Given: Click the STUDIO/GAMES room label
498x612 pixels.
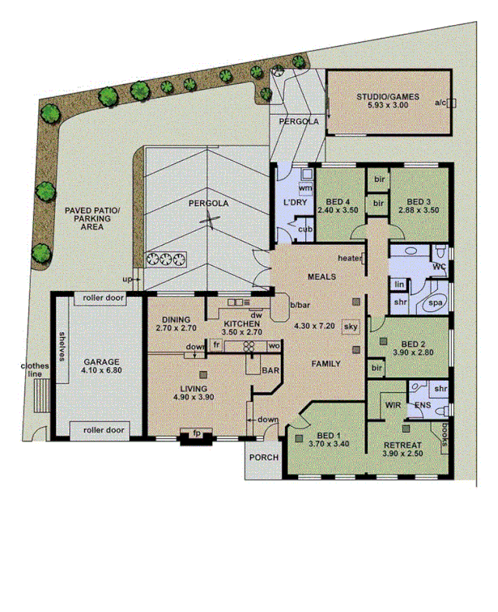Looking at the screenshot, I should pos(388,97).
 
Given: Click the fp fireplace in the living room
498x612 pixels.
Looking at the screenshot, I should pos(195,434).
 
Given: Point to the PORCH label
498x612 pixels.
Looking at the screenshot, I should pos(264,458).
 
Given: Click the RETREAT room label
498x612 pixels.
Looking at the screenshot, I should pos(402,445).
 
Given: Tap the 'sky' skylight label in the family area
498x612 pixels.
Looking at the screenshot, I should pos(351,326).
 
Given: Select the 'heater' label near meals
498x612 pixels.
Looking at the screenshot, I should pos(350,259).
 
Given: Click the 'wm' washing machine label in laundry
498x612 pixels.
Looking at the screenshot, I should pos(305,188).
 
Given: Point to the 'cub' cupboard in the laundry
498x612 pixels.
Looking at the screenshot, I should pos(304,229).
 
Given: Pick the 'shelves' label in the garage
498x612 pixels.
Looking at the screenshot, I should pos(62,345).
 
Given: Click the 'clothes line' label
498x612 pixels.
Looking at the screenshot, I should pos(35,370).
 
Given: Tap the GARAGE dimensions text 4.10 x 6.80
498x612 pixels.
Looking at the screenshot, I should pos(100,371).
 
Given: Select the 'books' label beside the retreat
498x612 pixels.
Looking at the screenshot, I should pos(445,433).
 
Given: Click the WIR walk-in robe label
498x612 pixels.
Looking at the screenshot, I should pos(394,404).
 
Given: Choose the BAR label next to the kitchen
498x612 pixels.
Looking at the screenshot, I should pos(271,370).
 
